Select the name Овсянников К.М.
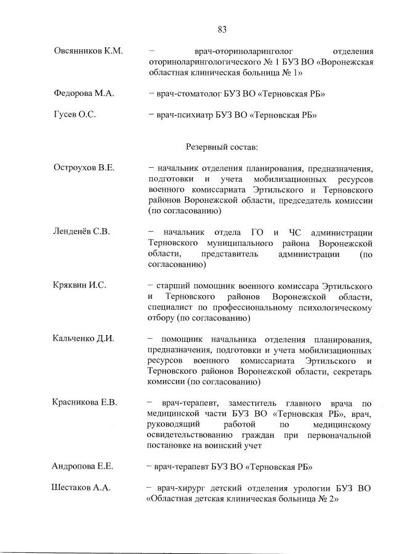click(89, 51)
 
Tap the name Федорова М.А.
click(84, 93)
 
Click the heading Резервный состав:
click(222, 147)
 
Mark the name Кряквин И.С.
click(80, 285)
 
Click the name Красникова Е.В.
click(86, 403)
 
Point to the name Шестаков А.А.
click(81, 488)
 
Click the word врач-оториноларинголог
click(237, 51)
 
